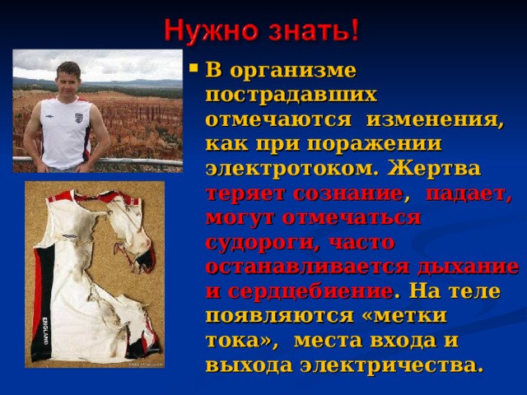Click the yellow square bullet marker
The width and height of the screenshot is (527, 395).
tap(194, 68)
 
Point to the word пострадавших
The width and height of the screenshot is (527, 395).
tap(291, 95)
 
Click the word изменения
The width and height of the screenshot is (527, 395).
tap(435, 119)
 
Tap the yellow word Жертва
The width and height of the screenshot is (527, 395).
tap(434, 168)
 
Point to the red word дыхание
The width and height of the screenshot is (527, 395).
tap(468, 267)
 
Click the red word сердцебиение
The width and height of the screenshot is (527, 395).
tap(310, 291)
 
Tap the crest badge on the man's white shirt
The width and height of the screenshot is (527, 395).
tap(78, 118)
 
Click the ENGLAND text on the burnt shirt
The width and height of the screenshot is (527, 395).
tap(45, 331)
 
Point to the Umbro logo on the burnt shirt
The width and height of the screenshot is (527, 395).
tap(70, 237)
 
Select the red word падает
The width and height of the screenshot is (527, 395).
tap(469, 194)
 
